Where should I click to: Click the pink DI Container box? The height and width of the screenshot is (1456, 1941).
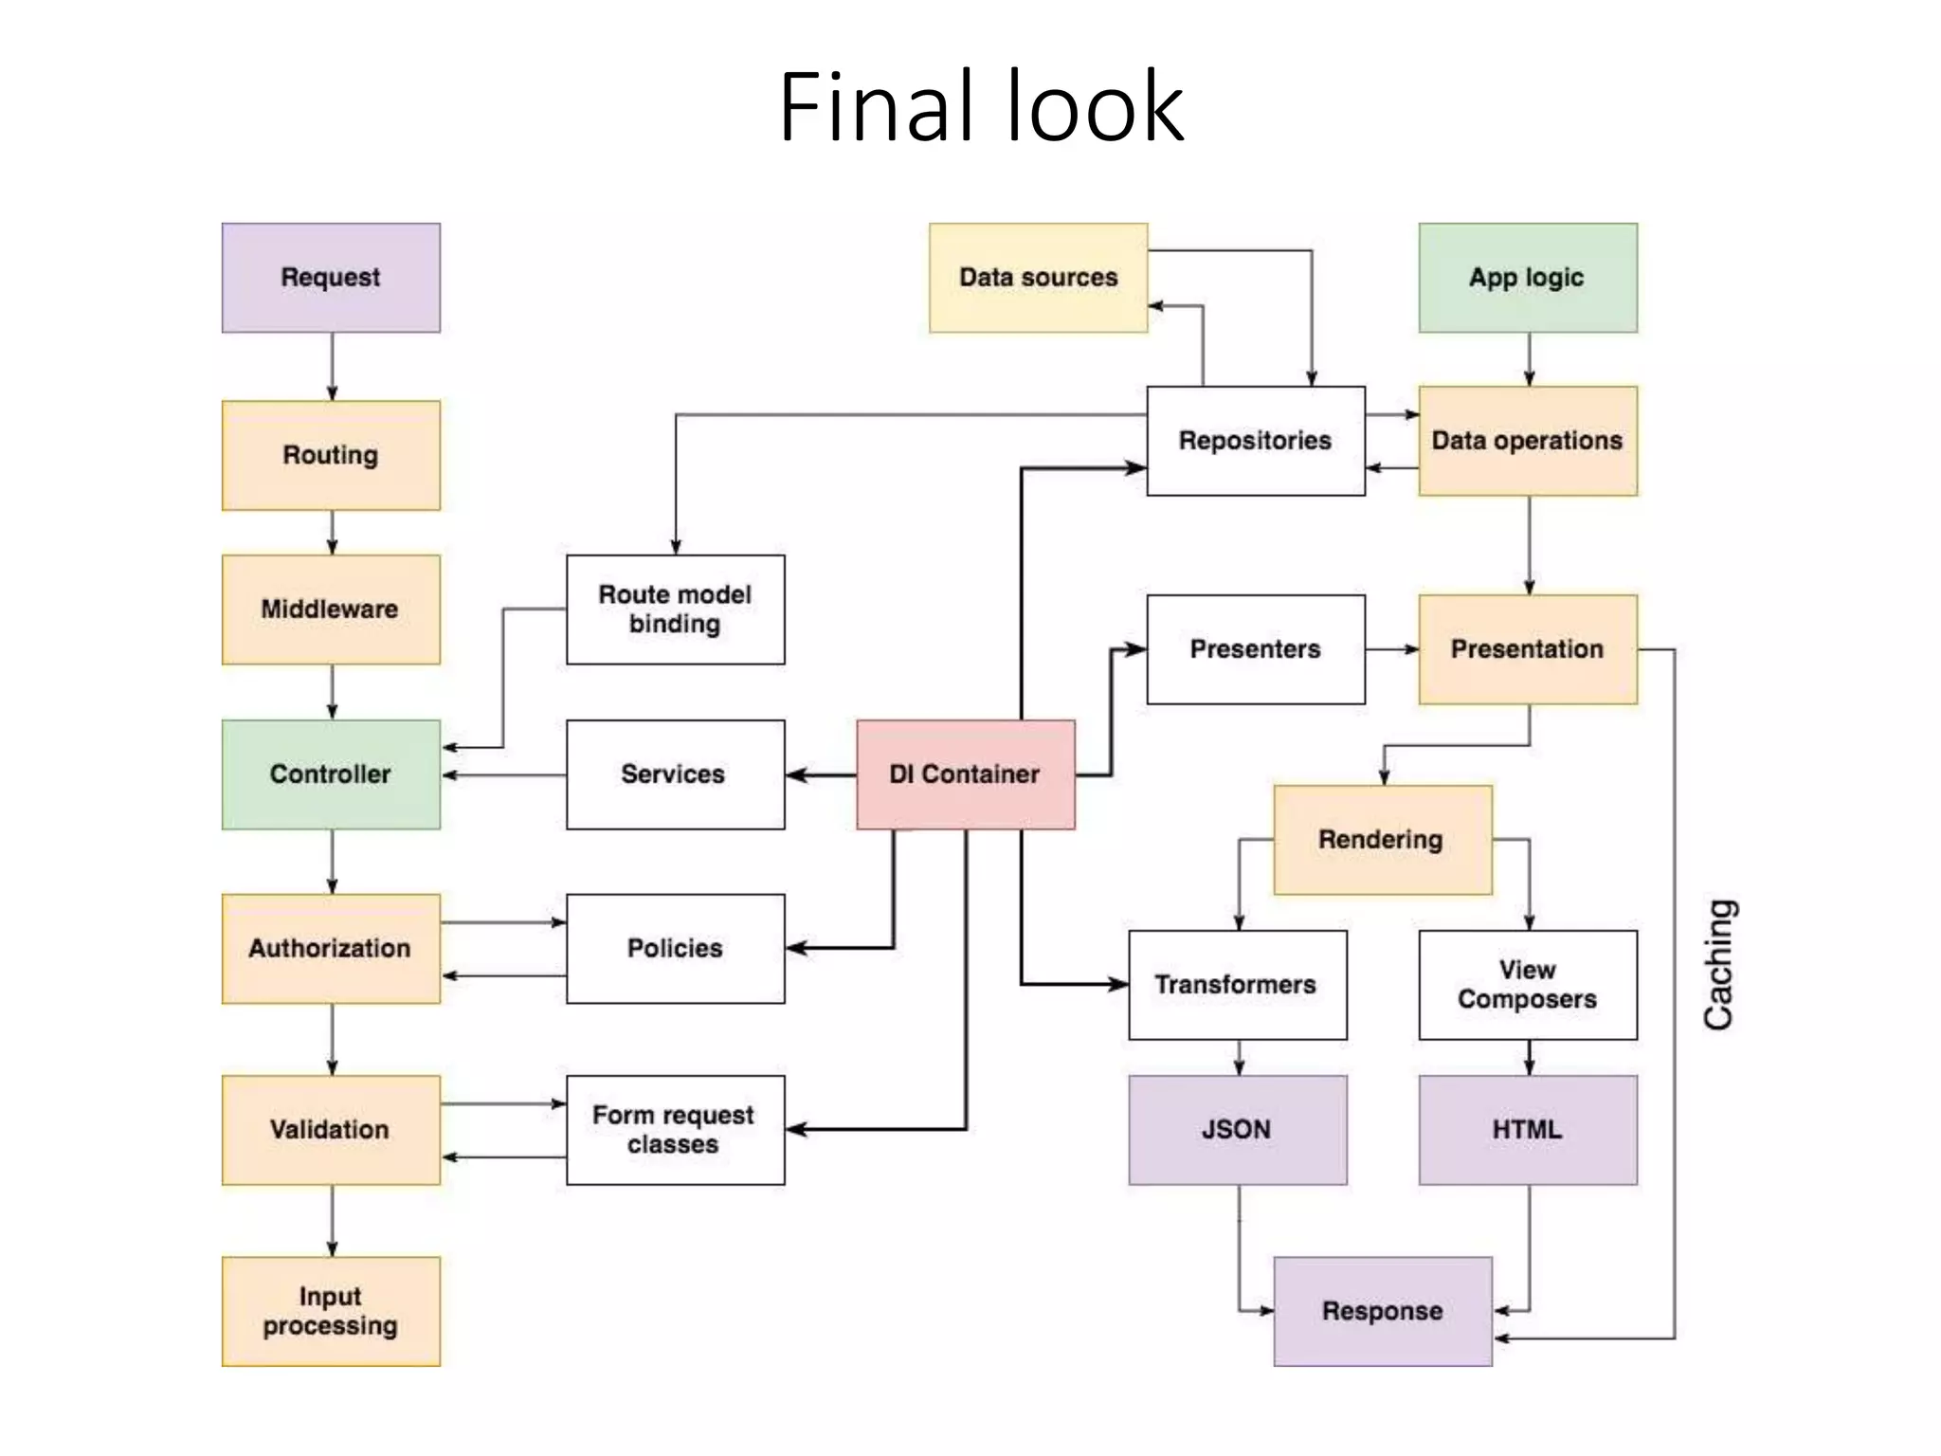pos(965,774)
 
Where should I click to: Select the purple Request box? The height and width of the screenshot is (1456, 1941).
pos(331,278)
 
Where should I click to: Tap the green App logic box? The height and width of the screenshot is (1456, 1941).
pos(1527,278)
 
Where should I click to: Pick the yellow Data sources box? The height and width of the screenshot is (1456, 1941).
pos(1038,278)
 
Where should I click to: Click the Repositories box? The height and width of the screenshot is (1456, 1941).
pos(1255,441)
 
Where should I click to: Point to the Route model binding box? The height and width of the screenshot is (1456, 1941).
pos(675,610)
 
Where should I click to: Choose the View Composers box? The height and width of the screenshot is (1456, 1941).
pos(1527,985)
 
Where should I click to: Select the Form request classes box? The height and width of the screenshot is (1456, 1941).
pos(675,1129)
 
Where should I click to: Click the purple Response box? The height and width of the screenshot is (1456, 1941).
pos(1382,1311)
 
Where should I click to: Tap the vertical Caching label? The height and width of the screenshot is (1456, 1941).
pos(1718,965)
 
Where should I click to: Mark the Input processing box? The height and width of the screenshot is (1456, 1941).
pos(331,1311)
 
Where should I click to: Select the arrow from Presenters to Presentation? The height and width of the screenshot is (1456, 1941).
pos(1391,649)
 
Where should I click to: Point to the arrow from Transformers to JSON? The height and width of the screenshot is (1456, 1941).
pos(1239,1057)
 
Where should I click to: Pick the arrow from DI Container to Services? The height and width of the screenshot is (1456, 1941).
pos(821,775)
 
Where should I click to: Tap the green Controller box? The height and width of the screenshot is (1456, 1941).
pos(331,774)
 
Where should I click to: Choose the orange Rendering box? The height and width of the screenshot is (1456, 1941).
pos(1382,840)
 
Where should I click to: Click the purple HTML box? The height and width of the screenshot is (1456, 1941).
pos(1527,1129)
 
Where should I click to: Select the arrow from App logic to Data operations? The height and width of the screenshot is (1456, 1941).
pos(1529,359)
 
